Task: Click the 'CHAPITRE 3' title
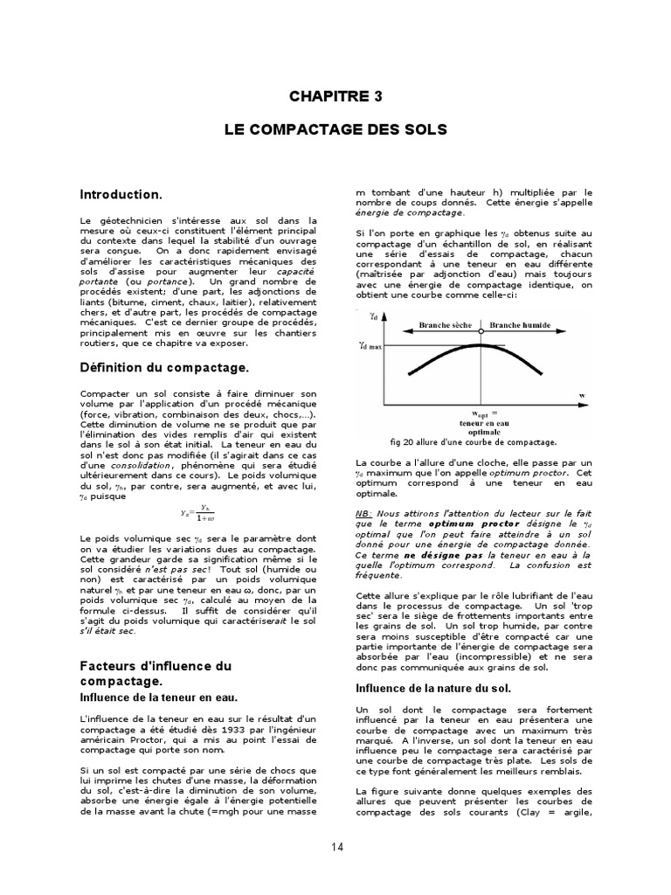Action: click(335, 96)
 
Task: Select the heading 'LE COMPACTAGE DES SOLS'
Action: click(335, 129)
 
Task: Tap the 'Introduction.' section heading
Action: click(121, 194)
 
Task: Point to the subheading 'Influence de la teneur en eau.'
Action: click(159, 697)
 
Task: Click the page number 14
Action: click(336, 847)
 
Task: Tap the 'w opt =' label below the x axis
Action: click(484, 413)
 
